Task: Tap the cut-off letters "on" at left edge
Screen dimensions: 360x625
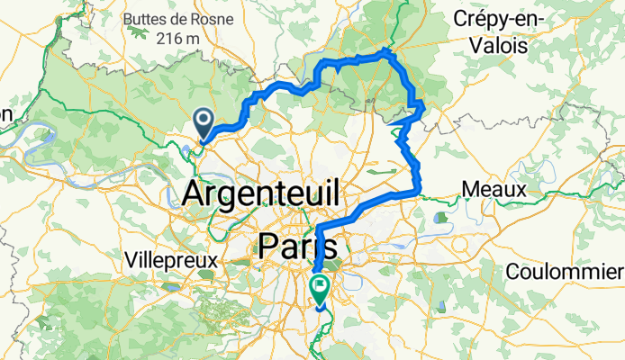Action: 5,114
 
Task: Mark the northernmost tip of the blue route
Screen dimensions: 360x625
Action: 389,50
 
